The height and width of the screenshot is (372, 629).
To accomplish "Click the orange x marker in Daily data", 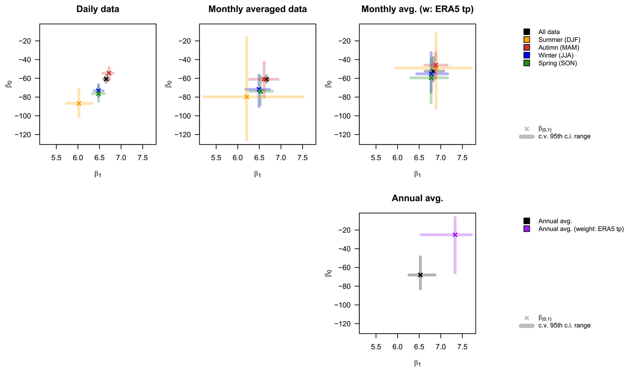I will [79, 103].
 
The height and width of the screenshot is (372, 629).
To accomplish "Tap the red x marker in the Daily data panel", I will [109, 73].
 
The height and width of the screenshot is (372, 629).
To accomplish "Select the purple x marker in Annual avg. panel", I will [455, 235].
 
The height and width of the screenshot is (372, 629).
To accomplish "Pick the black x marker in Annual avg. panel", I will [420, 275].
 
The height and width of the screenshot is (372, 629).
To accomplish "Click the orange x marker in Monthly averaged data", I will [246, 97].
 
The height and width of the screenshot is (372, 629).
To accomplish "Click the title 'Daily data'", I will [98, 9].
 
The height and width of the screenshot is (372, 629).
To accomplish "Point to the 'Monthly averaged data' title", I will [257, 9].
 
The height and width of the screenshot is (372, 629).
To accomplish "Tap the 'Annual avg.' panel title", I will [417, 198].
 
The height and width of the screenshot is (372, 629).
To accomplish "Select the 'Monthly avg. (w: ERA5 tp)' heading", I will [417, 9].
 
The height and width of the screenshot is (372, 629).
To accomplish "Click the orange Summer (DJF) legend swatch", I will [527, 40].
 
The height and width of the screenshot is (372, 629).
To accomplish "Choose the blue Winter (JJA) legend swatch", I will [527, 55].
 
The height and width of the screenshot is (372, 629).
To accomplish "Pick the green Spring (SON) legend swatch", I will [527, 63].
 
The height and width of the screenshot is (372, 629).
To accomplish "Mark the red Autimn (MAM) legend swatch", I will [527, 47].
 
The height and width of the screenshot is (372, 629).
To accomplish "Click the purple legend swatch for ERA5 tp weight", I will [527, 229].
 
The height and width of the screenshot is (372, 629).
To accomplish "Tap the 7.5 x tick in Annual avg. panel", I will [462, 347].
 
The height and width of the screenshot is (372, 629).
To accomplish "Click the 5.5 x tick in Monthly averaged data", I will [216, 158].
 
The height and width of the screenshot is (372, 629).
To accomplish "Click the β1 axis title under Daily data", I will [98, 174].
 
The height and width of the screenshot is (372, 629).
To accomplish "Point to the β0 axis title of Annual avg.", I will [328, 273].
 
